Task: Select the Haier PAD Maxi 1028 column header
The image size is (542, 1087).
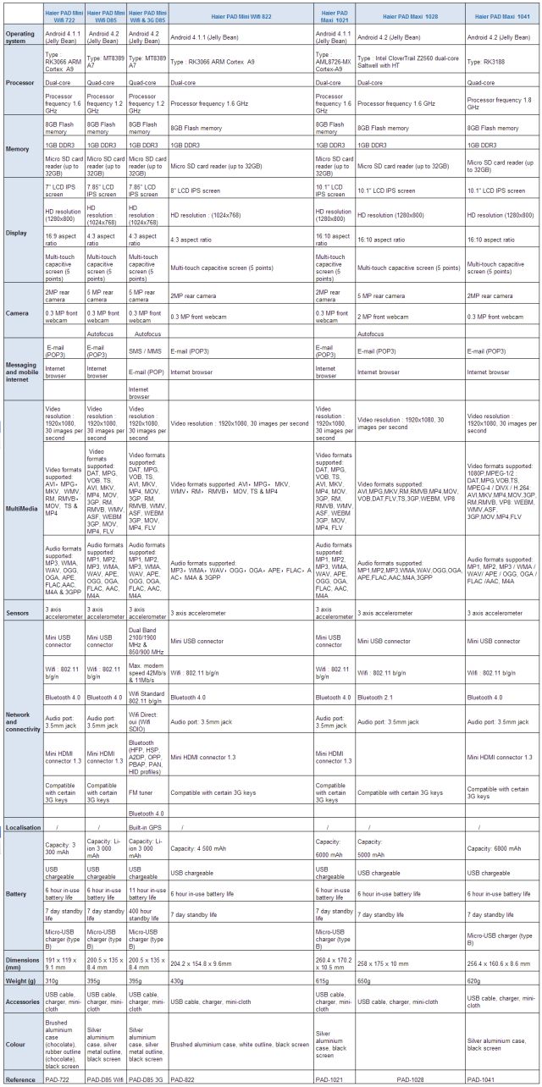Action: coord(409,17)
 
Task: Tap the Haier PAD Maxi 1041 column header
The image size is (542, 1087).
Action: coord(503,17)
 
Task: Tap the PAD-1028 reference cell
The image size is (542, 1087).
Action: coord(410,1079)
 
